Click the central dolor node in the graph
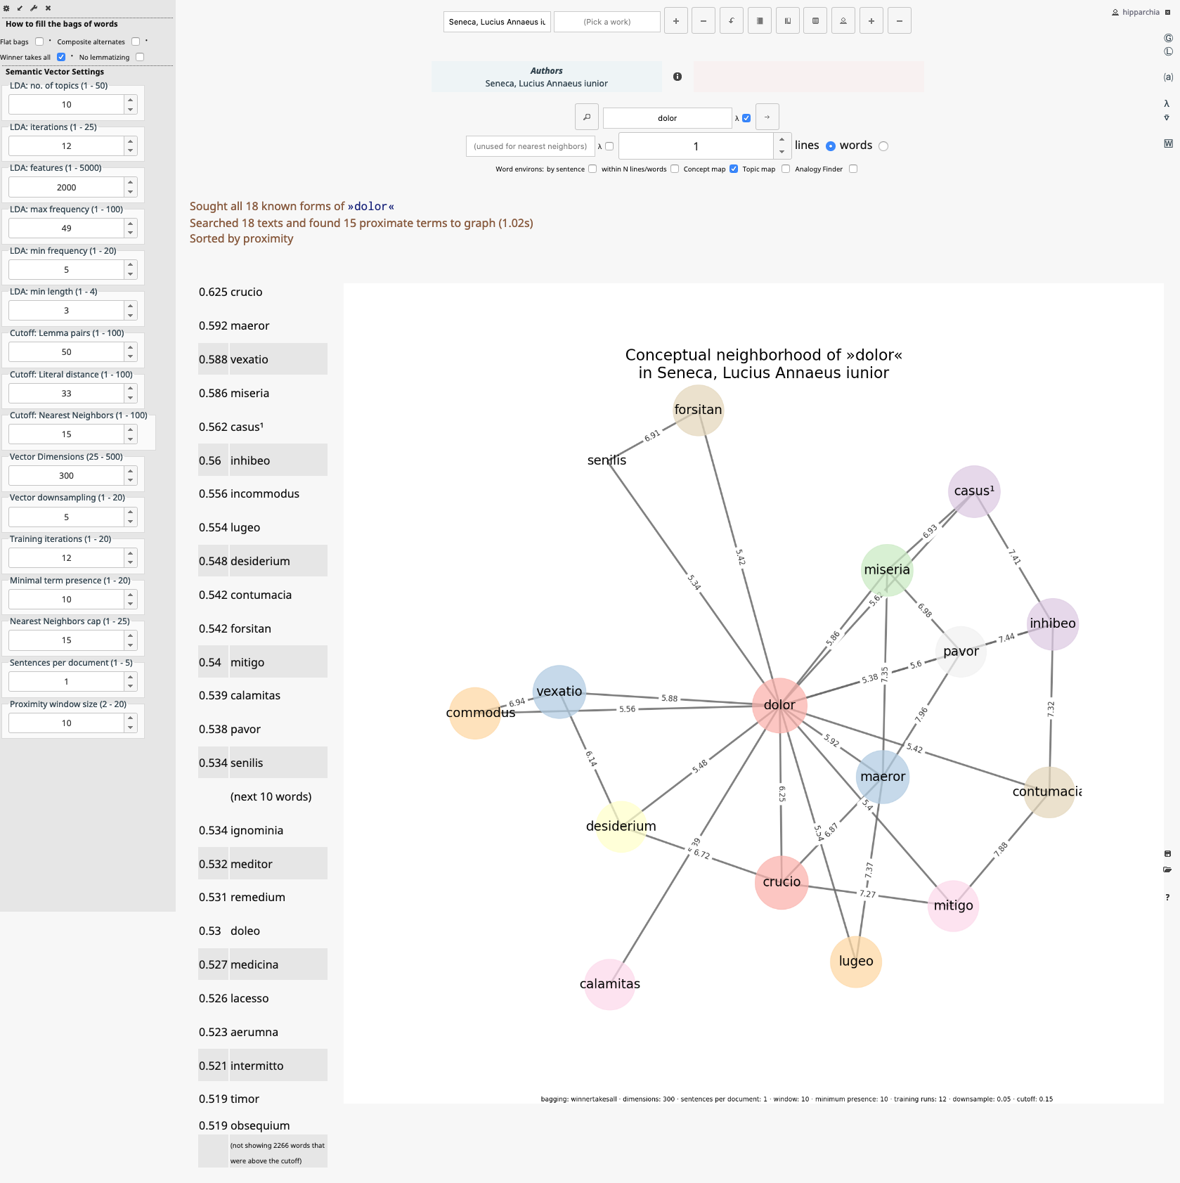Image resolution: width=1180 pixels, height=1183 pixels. [779, 705]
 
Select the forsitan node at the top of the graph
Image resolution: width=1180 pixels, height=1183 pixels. [698, 410]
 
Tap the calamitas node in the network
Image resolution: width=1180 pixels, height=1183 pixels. [610, 984]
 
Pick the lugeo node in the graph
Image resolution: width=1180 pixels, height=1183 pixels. [855, 962]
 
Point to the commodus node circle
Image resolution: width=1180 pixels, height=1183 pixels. [475, 713]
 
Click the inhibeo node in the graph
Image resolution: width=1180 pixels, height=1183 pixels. [1052, 623]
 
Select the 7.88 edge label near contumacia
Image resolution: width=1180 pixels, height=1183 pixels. [1001, 848]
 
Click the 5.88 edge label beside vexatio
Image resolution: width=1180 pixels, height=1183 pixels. [669, 698]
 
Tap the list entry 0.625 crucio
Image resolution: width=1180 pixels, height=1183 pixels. [231, 292]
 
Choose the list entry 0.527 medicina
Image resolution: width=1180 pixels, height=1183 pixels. [238, 965]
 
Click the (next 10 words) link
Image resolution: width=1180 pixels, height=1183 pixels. [271, 797]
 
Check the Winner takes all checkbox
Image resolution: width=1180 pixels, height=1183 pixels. [61, 57]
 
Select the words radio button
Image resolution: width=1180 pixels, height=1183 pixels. [883, 146]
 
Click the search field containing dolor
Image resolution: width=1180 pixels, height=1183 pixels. [667, 118]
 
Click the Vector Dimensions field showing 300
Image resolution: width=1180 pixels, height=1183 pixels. [66, 476]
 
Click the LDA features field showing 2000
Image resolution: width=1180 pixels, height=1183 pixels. [66, 188]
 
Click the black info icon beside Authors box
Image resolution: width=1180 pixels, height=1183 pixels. [677, 77]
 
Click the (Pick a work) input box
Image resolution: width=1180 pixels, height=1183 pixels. [607, 22]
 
